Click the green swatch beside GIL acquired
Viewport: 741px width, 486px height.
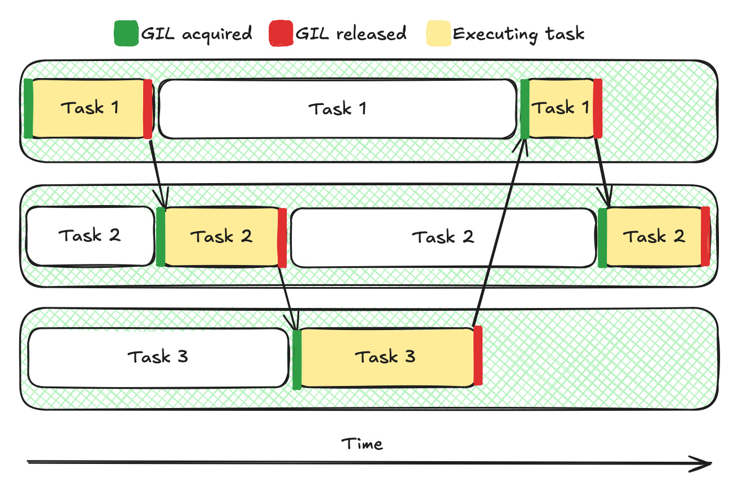(126, 33)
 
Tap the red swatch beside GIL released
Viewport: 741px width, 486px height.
(281, 33)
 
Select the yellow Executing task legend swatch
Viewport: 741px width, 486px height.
(438, 33)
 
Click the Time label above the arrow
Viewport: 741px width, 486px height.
(362, 444)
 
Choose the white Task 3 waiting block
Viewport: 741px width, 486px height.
(158, 357)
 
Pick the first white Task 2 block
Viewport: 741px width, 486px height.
(89, 236)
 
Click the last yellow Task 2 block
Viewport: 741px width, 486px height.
(653, 236)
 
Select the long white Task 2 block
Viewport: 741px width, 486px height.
(442, 237)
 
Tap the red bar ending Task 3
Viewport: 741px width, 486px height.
(478, 356)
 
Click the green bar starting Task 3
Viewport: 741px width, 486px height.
(297, 359)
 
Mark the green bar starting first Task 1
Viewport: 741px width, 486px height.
(28, 109)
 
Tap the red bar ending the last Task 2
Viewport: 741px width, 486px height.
(705, 236)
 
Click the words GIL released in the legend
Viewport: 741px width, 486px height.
(351, 33)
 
